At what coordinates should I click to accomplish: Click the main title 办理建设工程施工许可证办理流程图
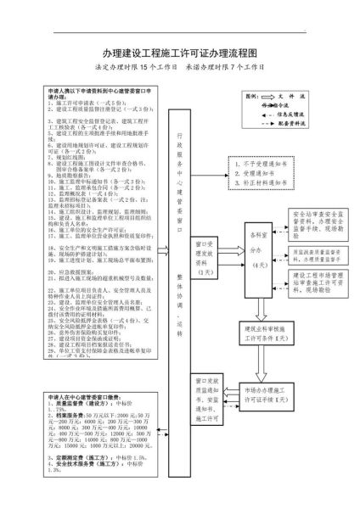pos(179,53)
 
